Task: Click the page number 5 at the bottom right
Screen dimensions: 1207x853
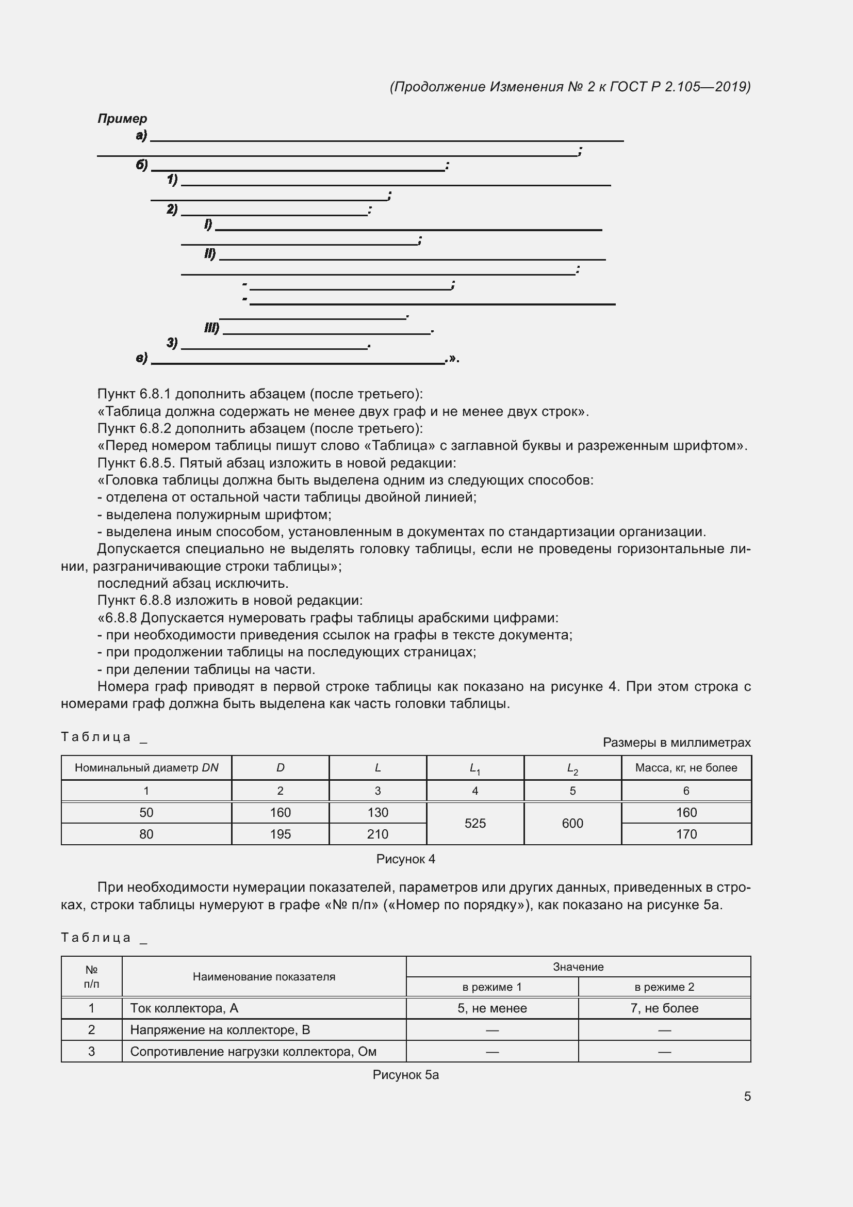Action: [747, 1096]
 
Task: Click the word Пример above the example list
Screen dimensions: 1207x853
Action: [122, 119]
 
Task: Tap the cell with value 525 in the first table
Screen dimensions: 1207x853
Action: [475, 823]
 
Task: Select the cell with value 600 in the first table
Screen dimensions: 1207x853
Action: [572, 823]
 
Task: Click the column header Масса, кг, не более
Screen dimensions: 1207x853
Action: [685, 767]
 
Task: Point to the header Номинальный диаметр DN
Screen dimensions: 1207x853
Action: [146, 767]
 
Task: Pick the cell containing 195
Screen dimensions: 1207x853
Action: [280, 834]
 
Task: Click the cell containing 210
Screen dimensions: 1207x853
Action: [377, 834]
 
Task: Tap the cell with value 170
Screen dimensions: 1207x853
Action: [685, 834]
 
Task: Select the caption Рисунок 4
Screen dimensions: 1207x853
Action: [405, 859]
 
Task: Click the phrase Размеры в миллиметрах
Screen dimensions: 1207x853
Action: [676, 742]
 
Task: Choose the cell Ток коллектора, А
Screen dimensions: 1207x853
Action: [184, 1008]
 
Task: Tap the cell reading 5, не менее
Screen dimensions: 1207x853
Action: [491, 1008]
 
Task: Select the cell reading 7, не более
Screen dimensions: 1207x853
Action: [664, 1008]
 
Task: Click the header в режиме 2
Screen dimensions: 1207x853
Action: [664, 987]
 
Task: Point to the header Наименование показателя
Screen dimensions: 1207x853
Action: [264, 977]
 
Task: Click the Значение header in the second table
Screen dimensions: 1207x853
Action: [578, 967]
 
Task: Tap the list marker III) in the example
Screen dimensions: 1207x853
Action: [211, 329]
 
